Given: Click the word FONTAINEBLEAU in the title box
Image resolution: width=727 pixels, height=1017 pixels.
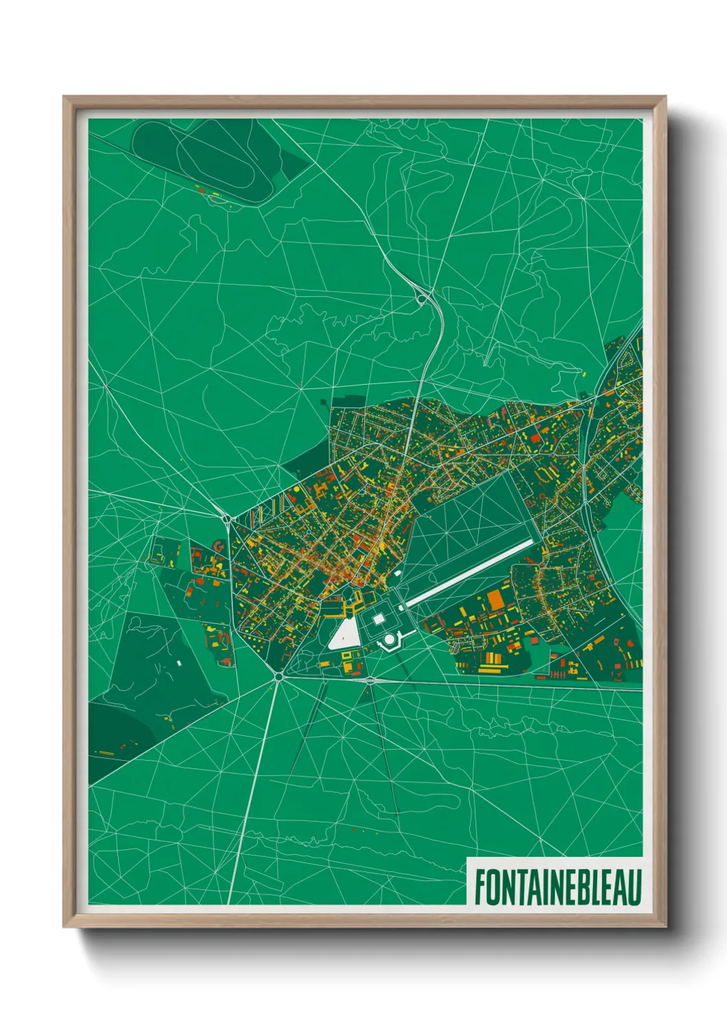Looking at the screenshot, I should point(557,887).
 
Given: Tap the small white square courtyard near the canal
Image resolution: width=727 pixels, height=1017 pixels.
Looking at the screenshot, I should point(379,618).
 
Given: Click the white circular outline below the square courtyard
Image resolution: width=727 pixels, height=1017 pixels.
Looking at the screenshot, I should point(390,640).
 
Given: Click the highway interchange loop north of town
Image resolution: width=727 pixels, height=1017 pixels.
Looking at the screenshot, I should point(421,300).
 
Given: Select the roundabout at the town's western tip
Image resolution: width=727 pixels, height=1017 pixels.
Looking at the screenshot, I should point(226,517).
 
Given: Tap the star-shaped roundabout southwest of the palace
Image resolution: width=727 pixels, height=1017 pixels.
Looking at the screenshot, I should point(279,677).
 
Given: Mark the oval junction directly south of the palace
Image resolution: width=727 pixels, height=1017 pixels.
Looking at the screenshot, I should point(370,680).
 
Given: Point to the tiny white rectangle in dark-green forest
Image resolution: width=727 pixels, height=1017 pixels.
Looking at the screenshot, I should point(179,663).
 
